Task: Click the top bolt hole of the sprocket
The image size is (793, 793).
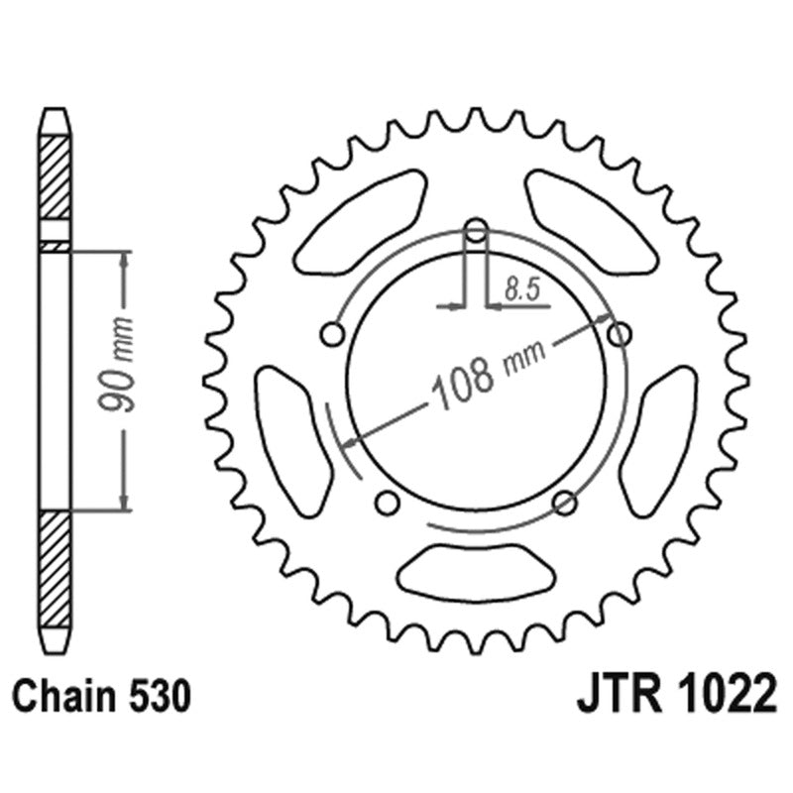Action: click(476, 231)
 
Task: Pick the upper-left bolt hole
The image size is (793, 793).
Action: click(333, 334)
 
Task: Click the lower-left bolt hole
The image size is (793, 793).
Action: click(388, 502)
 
